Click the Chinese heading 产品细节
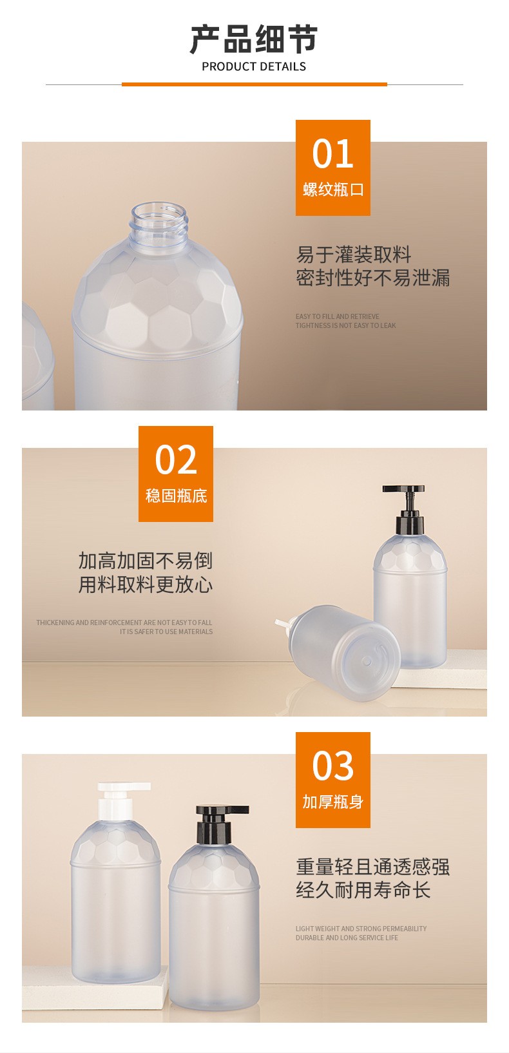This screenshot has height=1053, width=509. coord(254,39)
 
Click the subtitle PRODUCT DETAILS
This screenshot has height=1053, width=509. coord(254,67)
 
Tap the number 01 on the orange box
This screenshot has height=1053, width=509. coord(332,154)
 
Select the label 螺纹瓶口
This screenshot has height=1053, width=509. coord(332,189)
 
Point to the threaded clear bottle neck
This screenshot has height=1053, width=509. coord(160,225)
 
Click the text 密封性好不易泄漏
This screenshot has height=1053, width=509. coord(372,278)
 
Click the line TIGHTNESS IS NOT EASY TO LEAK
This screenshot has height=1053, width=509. coord(345,325)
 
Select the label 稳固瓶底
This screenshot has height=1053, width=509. coord(176,496)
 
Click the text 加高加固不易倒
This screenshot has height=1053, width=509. coord(145,561)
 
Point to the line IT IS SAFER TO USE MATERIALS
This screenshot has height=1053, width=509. coord(166,632)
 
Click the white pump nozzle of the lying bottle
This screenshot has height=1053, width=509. coord(283,625)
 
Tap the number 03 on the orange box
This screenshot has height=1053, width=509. coord(332,766)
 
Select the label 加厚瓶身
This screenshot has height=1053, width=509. coord(332,802)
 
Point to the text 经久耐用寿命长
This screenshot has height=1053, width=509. coord(363,890)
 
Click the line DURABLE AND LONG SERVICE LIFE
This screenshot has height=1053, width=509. coord(347,938)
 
